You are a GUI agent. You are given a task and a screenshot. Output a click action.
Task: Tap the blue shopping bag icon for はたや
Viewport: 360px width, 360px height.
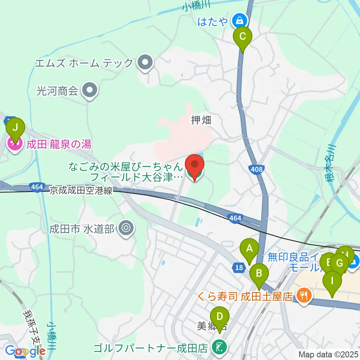click(x=238, y=20)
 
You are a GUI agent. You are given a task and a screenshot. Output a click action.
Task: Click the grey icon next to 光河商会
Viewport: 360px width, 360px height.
click(x=89, y=90)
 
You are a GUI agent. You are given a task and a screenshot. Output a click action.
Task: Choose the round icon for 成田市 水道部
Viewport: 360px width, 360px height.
click(x=126, y=228)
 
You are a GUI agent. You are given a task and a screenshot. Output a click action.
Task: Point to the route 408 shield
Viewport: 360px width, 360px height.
click(x=257, y=169)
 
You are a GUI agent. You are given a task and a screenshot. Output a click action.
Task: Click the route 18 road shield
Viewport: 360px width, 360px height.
click(x=238, y=267)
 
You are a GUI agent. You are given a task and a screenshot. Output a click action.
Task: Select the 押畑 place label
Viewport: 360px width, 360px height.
click(x=201, y=120)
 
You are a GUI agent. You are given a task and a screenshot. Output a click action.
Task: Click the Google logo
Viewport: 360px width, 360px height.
click(x=25, y=351)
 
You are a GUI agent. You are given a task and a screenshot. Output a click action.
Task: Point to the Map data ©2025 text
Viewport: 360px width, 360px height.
click(x=328, y=354)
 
